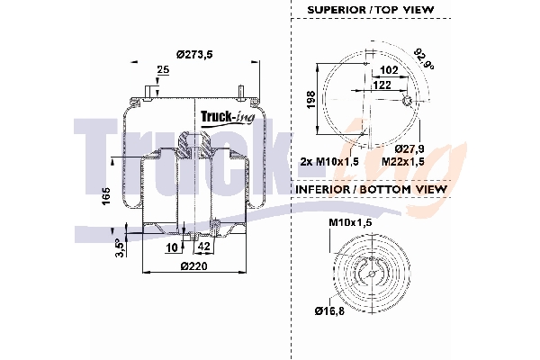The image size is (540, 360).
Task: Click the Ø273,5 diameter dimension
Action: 194,54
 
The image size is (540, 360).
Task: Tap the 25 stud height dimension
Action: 163,69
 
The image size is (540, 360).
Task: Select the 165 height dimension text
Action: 107,196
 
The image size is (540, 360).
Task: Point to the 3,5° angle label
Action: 120,248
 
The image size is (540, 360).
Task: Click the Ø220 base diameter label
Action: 194,266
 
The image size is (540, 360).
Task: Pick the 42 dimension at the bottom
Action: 204,246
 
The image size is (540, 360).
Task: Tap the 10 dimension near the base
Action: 172,247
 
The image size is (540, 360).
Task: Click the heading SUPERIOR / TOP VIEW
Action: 371,10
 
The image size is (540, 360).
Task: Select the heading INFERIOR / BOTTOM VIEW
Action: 371,189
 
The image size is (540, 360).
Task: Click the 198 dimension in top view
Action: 311,100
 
